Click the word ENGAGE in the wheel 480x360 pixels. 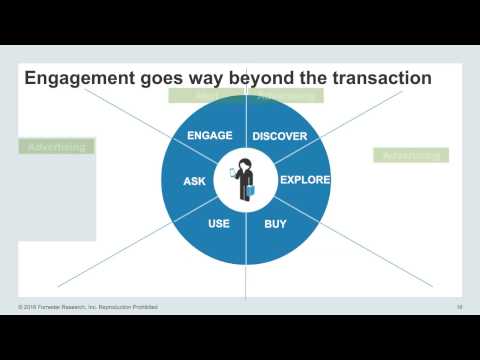click(210, 135)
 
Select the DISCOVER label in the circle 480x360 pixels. click(279, 135)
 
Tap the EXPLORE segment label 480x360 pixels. click(304, 180)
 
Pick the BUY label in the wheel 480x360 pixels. click(275, 224)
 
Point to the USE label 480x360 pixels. click(219, 224)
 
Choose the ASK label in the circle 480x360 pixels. click(194, 181)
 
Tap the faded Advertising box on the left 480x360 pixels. click(56, 147)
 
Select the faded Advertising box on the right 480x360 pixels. click(410, 155)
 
